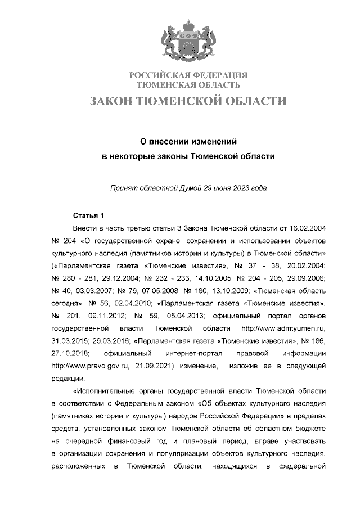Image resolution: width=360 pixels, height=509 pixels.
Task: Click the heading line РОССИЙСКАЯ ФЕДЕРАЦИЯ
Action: (188, 75)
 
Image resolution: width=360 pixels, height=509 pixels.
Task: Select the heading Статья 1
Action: (89, 215)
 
